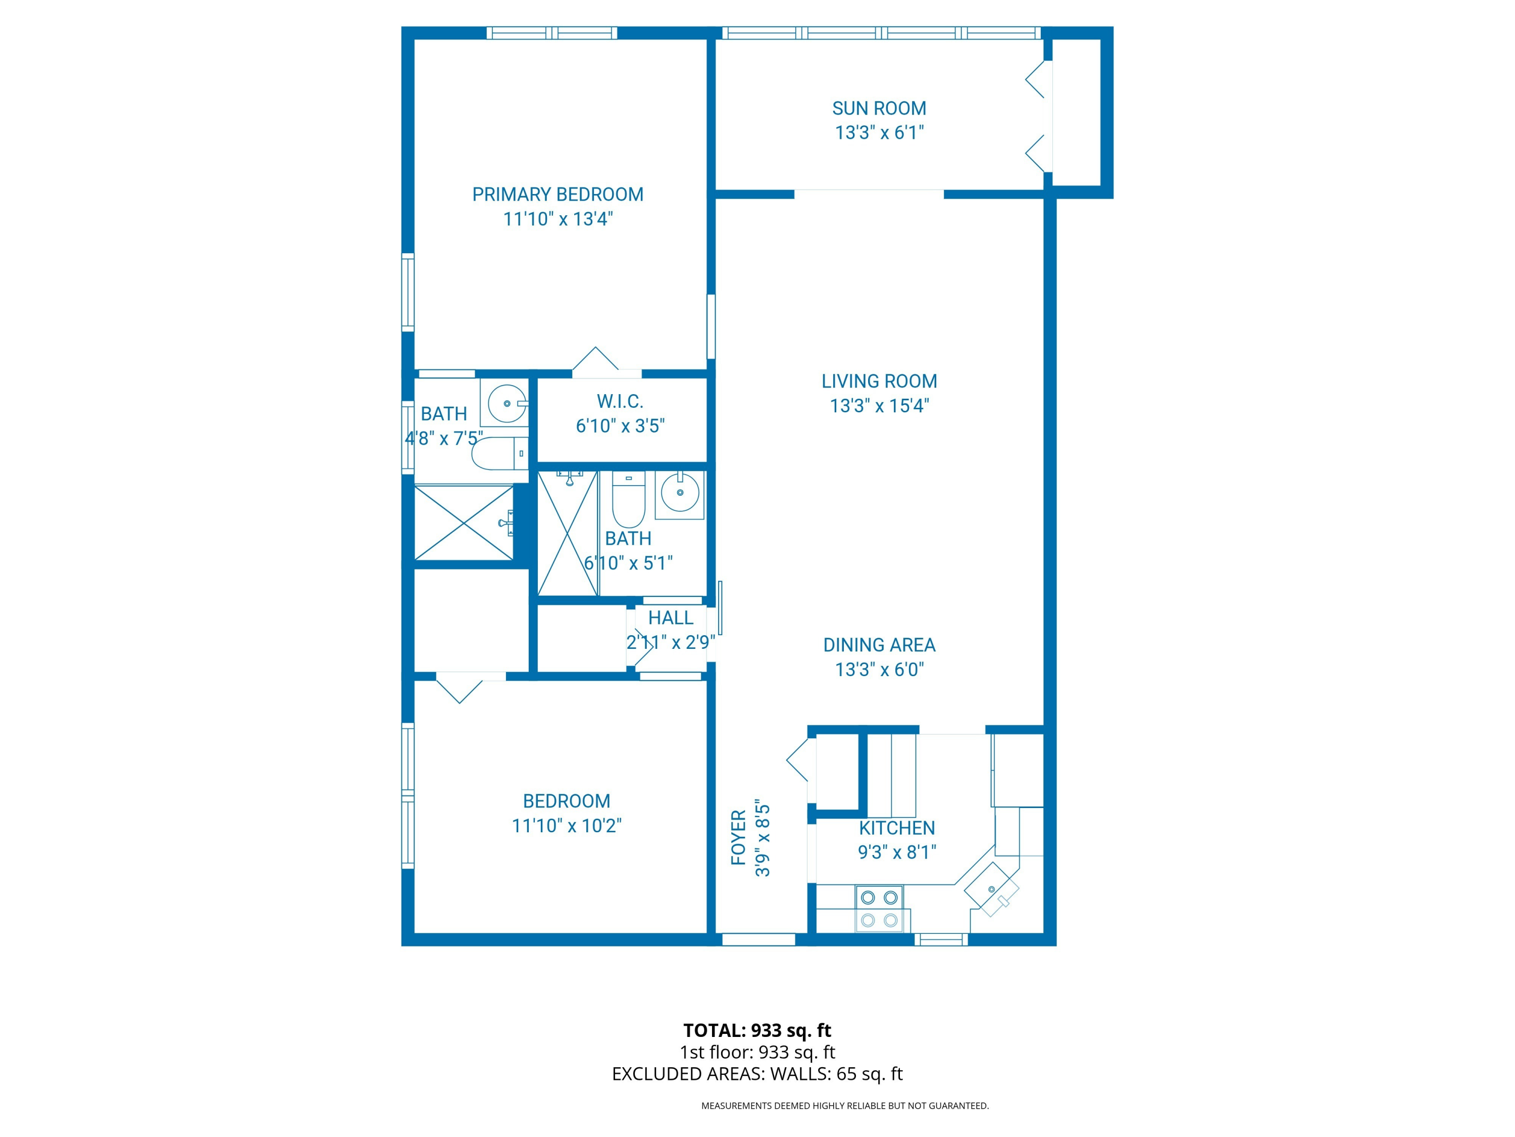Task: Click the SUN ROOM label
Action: coord(879,108)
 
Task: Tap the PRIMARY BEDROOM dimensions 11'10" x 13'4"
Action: coord(558,219)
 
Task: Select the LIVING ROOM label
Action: coord(879,381)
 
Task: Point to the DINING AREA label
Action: coord(879,645)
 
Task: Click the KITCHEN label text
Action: coord(896,828)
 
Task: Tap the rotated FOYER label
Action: coord(738,837)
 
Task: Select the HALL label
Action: coord(671,618)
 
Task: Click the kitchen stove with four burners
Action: coord(879,908)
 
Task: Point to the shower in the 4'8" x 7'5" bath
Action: coord(464,522)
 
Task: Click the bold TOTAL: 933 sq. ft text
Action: coord(757,1030)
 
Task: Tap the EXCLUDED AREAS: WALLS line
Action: coord(757,1074)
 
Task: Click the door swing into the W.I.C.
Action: coord(595,360)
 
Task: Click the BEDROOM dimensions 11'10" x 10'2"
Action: coord(567,826)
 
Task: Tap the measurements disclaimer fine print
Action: coord(844,1106)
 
